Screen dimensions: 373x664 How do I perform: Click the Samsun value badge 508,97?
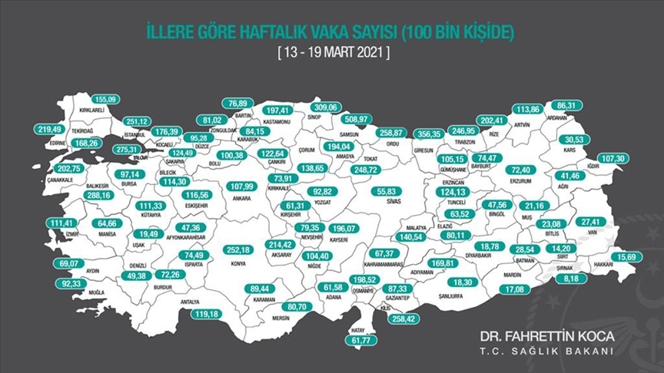point(359,119)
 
